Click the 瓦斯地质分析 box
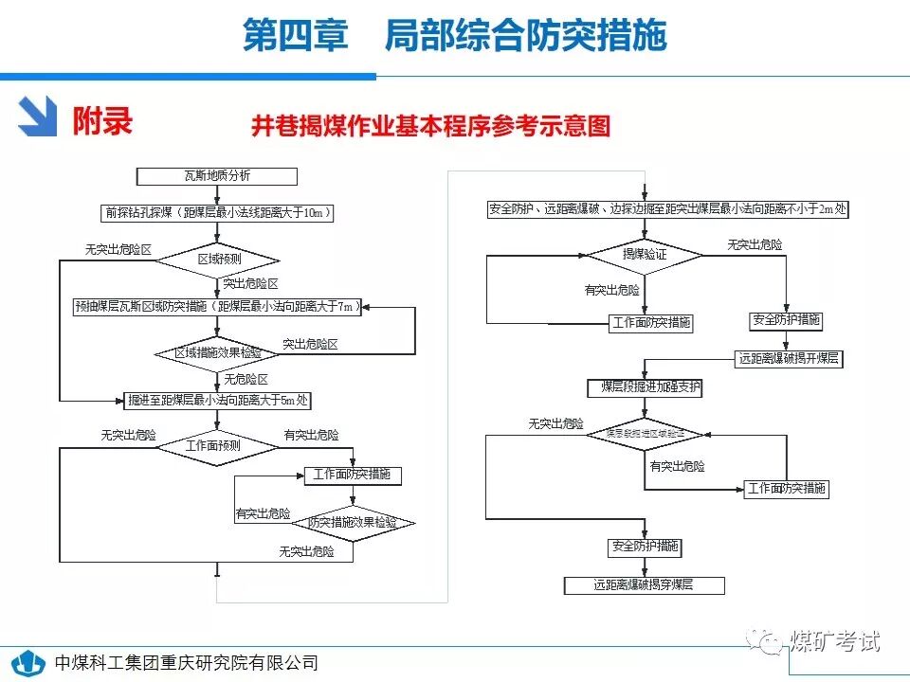point(217,176)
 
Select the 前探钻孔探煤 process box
point(217,213)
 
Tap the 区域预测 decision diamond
point(218,259)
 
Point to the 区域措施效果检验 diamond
point(217,353)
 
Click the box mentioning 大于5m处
point(218,401)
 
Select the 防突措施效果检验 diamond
point(352,523)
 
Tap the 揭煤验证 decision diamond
point(645,256)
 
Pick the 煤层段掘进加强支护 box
point(645,388)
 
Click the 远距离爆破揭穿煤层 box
point(645,585)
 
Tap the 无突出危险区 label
point(118,250)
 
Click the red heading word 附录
point(102,120)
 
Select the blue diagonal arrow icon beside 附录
point(40,117)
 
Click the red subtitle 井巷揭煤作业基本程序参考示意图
point(431,127)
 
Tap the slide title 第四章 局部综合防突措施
point(454,36)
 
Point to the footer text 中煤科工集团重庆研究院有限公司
point(187,663)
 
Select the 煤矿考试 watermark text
point(834,641)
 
